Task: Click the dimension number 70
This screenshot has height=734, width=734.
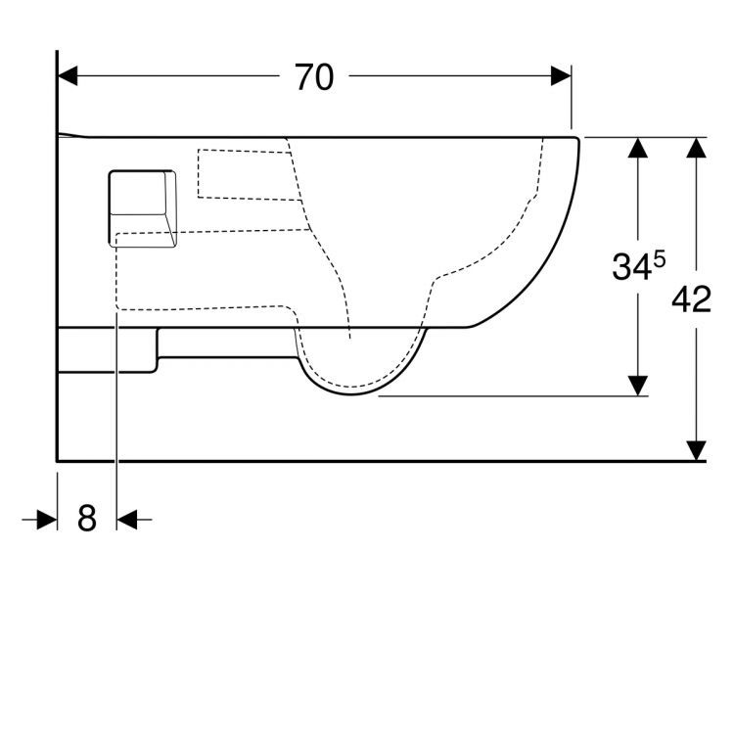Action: (314, 77)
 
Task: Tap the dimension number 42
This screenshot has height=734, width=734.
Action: (691, 299)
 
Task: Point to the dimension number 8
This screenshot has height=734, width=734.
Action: (87, 519)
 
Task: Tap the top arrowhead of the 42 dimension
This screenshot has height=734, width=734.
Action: (696, 148)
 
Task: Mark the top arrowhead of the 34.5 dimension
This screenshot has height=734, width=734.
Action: (638, 148)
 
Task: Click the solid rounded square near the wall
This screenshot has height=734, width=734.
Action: (142, 207)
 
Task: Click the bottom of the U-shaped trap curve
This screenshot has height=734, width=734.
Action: (353, 394)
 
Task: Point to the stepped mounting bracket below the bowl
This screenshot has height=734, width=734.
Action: (108, 351)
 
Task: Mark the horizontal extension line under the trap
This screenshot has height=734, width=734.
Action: (509, 396)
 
